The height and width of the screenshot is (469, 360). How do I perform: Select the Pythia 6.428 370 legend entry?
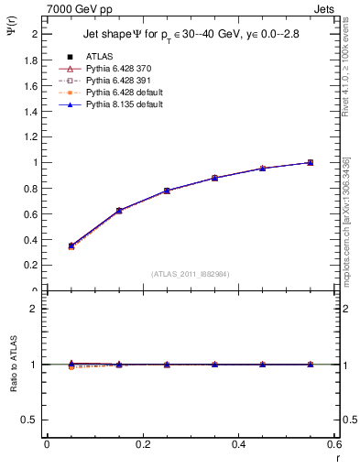click(114, 69)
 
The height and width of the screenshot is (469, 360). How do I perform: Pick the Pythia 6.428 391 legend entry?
click(114, 81)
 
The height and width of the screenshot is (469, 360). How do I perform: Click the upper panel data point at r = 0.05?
click(71, 245)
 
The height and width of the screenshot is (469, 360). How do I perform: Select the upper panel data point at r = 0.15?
click(119, 211)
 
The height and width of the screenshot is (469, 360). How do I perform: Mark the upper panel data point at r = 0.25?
click(167, 191)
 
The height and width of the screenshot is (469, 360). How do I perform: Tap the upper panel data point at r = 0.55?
click(311, 162)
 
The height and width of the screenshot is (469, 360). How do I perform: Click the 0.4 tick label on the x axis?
click(238, 444)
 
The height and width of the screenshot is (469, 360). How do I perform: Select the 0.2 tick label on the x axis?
click(143, 444)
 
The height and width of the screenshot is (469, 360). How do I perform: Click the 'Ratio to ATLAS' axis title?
click(15, 364)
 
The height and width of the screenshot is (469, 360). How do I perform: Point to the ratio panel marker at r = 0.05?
click(71, 365)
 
